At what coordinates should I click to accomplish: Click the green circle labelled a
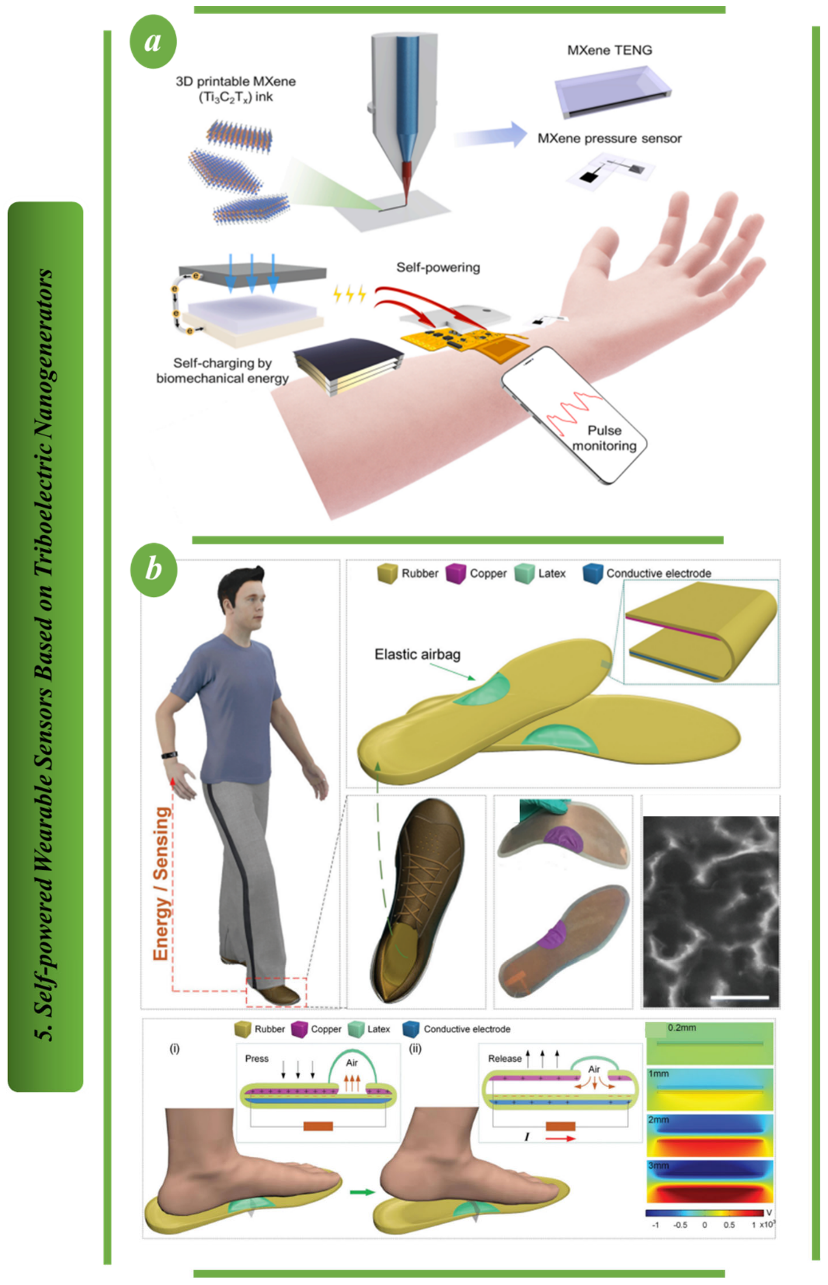(153, 41)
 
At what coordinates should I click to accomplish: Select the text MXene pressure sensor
(610, 139)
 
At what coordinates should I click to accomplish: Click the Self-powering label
(438, 267)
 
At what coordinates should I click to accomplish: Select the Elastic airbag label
(417, 655)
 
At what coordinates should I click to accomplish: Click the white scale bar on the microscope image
(740, 997)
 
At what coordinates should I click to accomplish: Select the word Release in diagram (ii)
(505, 1059)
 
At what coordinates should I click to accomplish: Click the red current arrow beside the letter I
(560, 1139)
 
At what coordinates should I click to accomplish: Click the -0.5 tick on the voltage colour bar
(681, 1225)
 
